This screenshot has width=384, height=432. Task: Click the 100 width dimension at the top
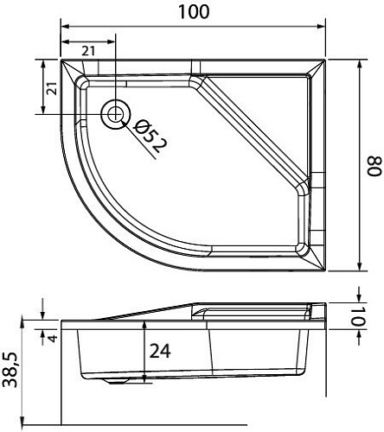pos(193,13)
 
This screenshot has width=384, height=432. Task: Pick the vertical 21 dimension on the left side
pos(51,87)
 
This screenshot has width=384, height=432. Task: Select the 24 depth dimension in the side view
pos(159,351)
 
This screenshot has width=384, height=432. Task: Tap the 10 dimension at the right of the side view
pos(372,317)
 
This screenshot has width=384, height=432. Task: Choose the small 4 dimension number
pos(53,336)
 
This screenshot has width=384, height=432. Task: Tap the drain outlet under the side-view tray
pos(112,381)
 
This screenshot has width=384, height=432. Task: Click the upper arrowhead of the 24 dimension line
pos(144,319)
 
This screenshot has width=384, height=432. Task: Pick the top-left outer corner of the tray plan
pos(61,60)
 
